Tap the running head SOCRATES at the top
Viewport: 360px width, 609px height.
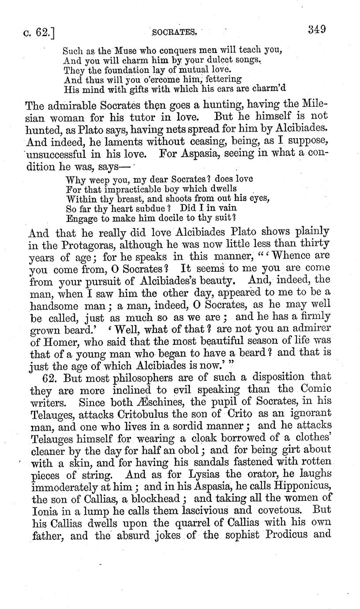pyautogui.click(x=174, y=32)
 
